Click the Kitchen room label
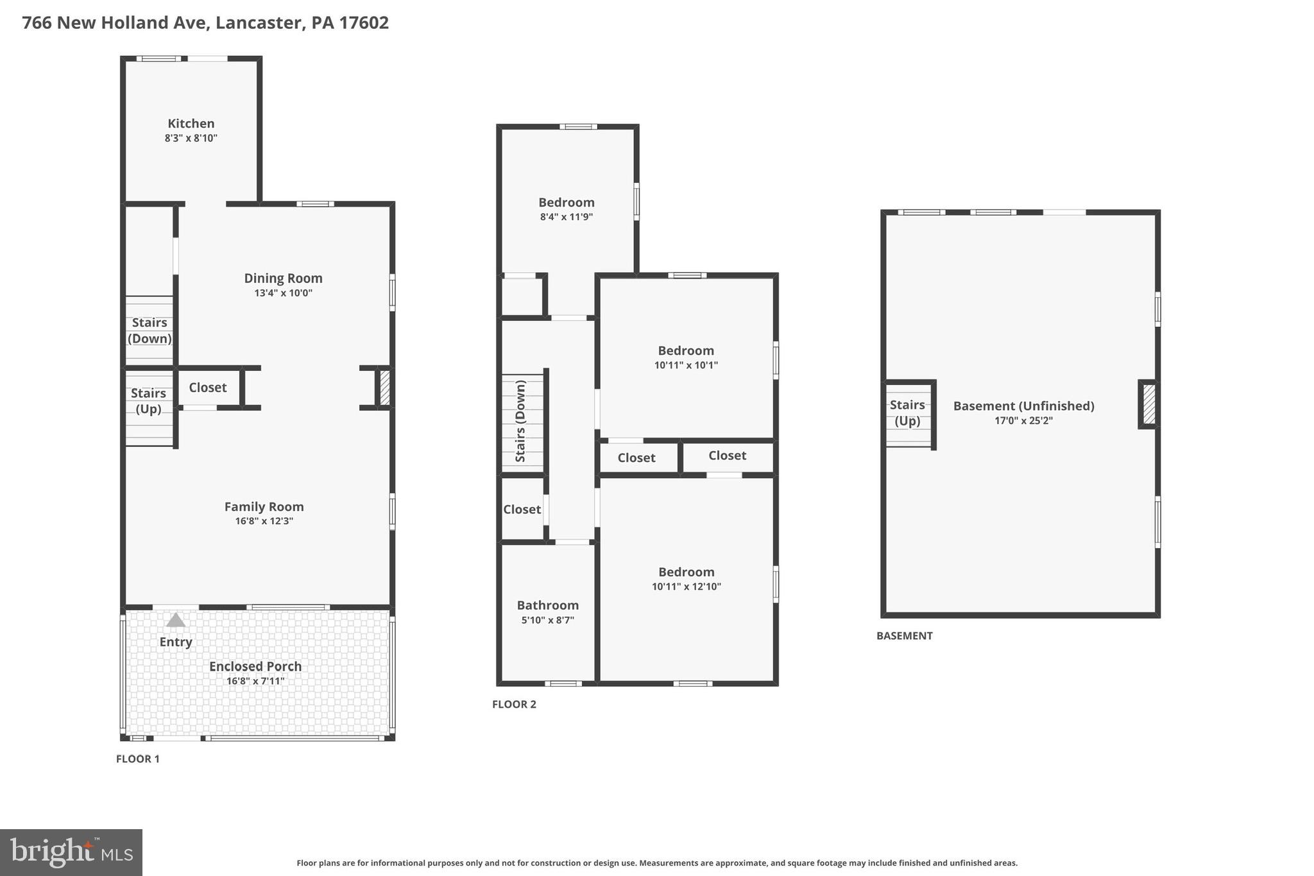coord(191,123)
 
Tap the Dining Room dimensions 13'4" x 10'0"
coord(283,293)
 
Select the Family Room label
coord(264,506)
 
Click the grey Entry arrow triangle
coord(176,620)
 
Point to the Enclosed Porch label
coord(255,666)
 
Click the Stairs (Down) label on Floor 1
coord(149,331)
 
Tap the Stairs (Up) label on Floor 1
coord(148,401)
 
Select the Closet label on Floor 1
coord(207,388)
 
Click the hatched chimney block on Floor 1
coord(384,388)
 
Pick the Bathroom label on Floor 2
coord(548,605)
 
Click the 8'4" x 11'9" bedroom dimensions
coord(566,217)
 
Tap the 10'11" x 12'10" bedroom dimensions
coord(686,587)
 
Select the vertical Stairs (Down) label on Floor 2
coord(520,421)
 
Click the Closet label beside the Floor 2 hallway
coord(522,510)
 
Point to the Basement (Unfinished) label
coord(1023,406)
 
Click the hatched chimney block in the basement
coord(1148,404)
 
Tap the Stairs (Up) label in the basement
coord(907,413)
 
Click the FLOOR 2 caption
coord(514,704)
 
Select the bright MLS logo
coord(71,852)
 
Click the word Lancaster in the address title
coord(259,22)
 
